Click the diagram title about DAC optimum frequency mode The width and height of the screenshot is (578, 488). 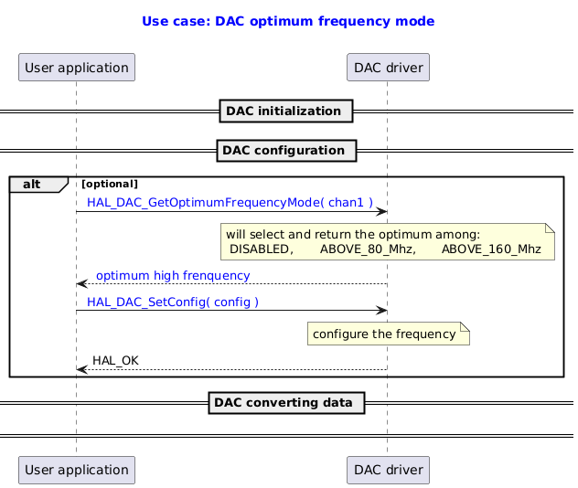pos(288,21)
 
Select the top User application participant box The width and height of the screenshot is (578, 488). pos(77,67)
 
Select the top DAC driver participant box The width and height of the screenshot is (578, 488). pos(388,67)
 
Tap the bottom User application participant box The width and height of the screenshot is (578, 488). pos(77,470)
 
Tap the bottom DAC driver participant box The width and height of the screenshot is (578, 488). pos(388,470)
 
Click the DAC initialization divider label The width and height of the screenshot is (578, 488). pos(284,111)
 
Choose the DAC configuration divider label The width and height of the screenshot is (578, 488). pos(284,150)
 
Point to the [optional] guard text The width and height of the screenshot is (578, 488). pos(110,185)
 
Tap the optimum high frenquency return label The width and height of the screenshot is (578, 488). pos(173,275)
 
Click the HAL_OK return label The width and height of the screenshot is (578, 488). pos(115,360)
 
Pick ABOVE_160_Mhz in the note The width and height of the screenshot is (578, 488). pos(491,249)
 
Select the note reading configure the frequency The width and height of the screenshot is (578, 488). pos(384,334)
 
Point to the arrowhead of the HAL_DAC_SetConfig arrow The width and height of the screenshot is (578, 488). pos(382,312)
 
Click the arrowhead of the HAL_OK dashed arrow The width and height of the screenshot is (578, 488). pos(81,369)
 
